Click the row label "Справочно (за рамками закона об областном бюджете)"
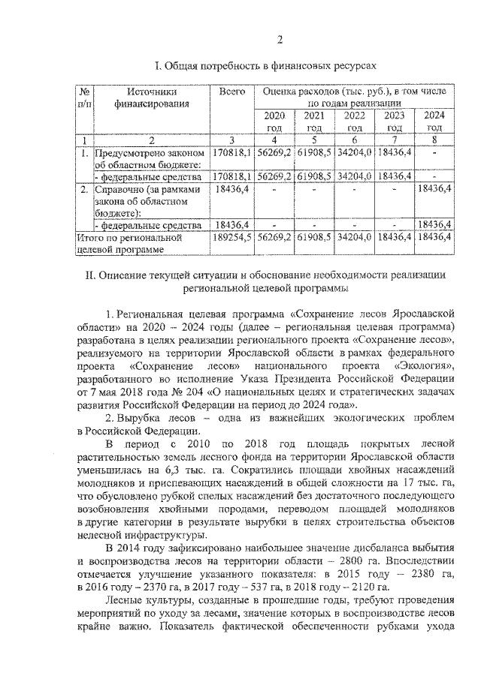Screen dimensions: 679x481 [143, 201]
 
